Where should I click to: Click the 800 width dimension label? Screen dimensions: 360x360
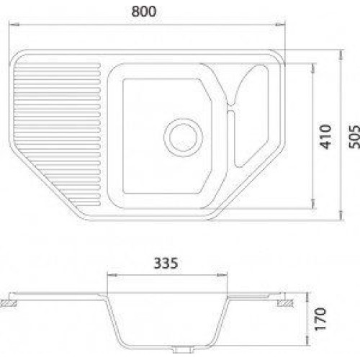(x=144, y=12)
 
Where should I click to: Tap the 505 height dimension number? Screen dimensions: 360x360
(x=354, y=137)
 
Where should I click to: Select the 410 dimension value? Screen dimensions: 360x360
(x=325, y=137)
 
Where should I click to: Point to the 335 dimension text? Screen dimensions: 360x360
(x=166, y=263)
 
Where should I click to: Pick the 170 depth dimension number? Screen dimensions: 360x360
(x=320, y=319)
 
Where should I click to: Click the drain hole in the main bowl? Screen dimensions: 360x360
(x=183, y=138)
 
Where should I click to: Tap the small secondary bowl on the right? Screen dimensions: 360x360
(x=251, y=115)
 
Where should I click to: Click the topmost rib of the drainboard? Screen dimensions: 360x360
(x=58, y=66)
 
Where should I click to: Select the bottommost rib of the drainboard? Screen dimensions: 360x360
(x=87, y=204)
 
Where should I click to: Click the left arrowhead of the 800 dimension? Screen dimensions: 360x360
(x=14, y=24)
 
